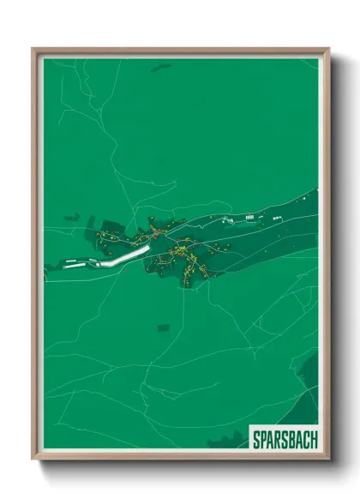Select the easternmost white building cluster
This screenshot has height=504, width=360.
point(277,217)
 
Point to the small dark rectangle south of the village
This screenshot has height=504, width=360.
point(163,326)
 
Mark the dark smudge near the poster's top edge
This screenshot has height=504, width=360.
point(161,68)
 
